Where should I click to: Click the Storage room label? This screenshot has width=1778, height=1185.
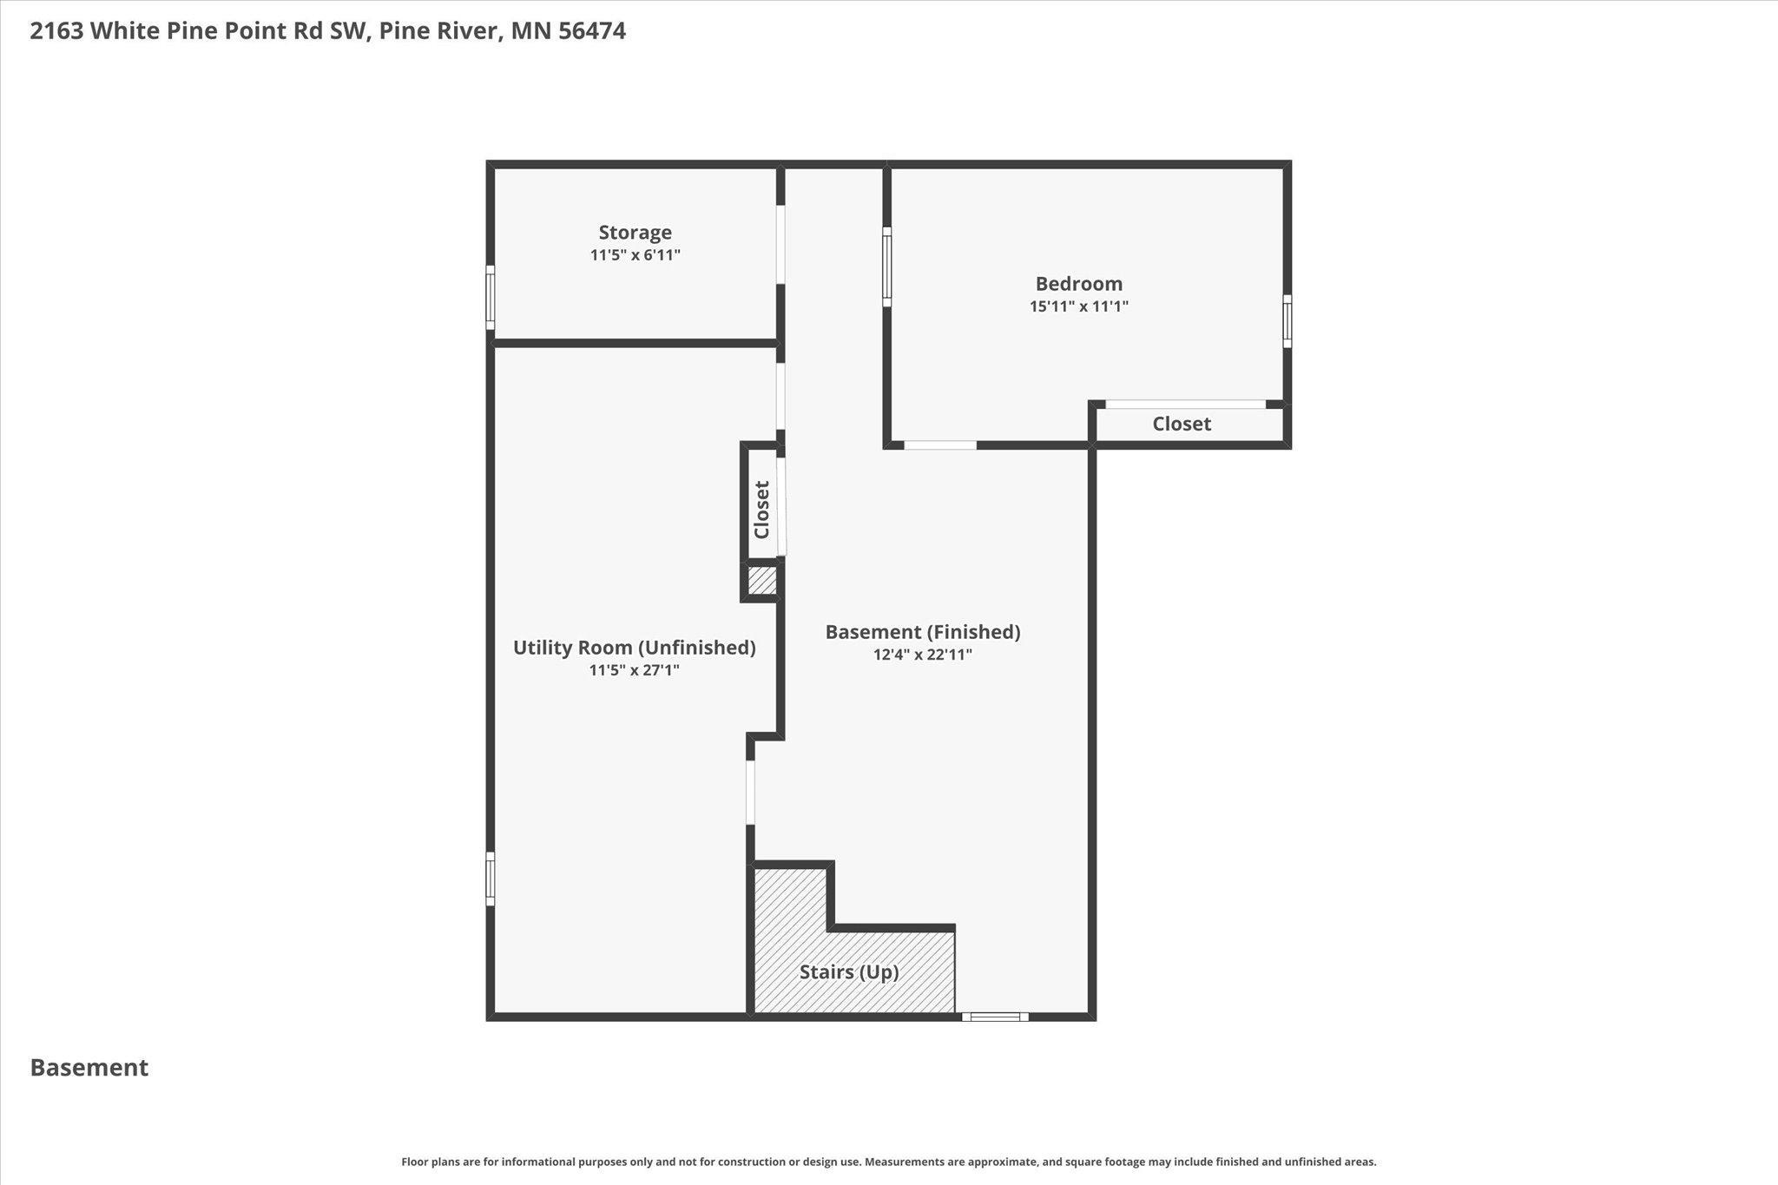635,233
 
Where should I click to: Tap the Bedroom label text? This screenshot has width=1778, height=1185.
1078,284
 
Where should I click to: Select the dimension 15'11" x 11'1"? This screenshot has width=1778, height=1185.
1078,306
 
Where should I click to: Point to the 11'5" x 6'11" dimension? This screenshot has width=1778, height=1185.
635,255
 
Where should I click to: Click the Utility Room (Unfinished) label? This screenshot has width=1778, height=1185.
634,648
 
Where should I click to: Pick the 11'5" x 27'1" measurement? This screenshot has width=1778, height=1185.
634,670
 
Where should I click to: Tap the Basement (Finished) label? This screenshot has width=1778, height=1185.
922,632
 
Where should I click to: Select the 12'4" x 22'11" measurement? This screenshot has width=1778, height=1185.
922,655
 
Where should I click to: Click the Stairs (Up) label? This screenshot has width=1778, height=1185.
849,972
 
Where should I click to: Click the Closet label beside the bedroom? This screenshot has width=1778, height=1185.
1182,424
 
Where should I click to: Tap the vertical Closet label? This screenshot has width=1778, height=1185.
761,510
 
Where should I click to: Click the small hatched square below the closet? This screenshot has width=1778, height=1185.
762,581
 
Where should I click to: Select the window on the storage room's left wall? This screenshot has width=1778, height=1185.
490,298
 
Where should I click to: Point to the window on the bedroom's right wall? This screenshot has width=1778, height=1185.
1287,321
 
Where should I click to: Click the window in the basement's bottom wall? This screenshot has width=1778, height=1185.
995,1017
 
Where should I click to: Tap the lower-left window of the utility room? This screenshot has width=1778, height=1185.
490,879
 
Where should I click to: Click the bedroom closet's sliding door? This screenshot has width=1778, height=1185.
1185,404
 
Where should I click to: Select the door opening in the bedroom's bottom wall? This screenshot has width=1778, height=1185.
940,445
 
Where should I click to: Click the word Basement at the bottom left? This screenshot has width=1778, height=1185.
89,1068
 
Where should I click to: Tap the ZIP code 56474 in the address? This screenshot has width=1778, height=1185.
592,31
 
